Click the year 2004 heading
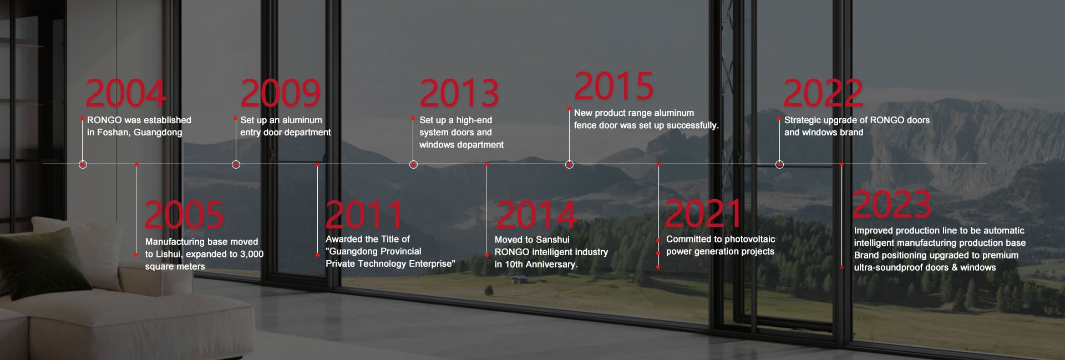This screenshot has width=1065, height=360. click(126, 93)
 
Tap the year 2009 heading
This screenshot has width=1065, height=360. click(281, 93)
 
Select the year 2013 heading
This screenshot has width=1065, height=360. click(459, 93)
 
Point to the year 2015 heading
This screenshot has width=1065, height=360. click(614, 86)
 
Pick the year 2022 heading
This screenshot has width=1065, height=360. click(823, 93)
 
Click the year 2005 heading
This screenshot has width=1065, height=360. click(184, 215)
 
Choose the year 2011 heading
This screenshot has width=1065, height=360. click(364, 215)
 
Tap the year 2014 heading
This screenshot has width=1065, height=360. click(536, 215)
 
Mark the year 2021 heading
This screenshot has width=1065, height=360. click(703, 214)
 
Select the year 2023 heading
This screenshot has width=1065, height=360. click(892, 204)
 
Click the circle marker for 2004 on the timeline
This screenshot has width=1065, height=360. click(83, 164)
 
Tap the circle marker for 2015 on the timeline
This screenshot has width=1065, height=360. click(569, 164)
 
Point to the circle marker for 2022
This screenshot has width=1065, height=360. click(779, 164)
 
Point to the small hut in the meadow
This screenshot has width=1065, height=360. click(519, 280)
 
